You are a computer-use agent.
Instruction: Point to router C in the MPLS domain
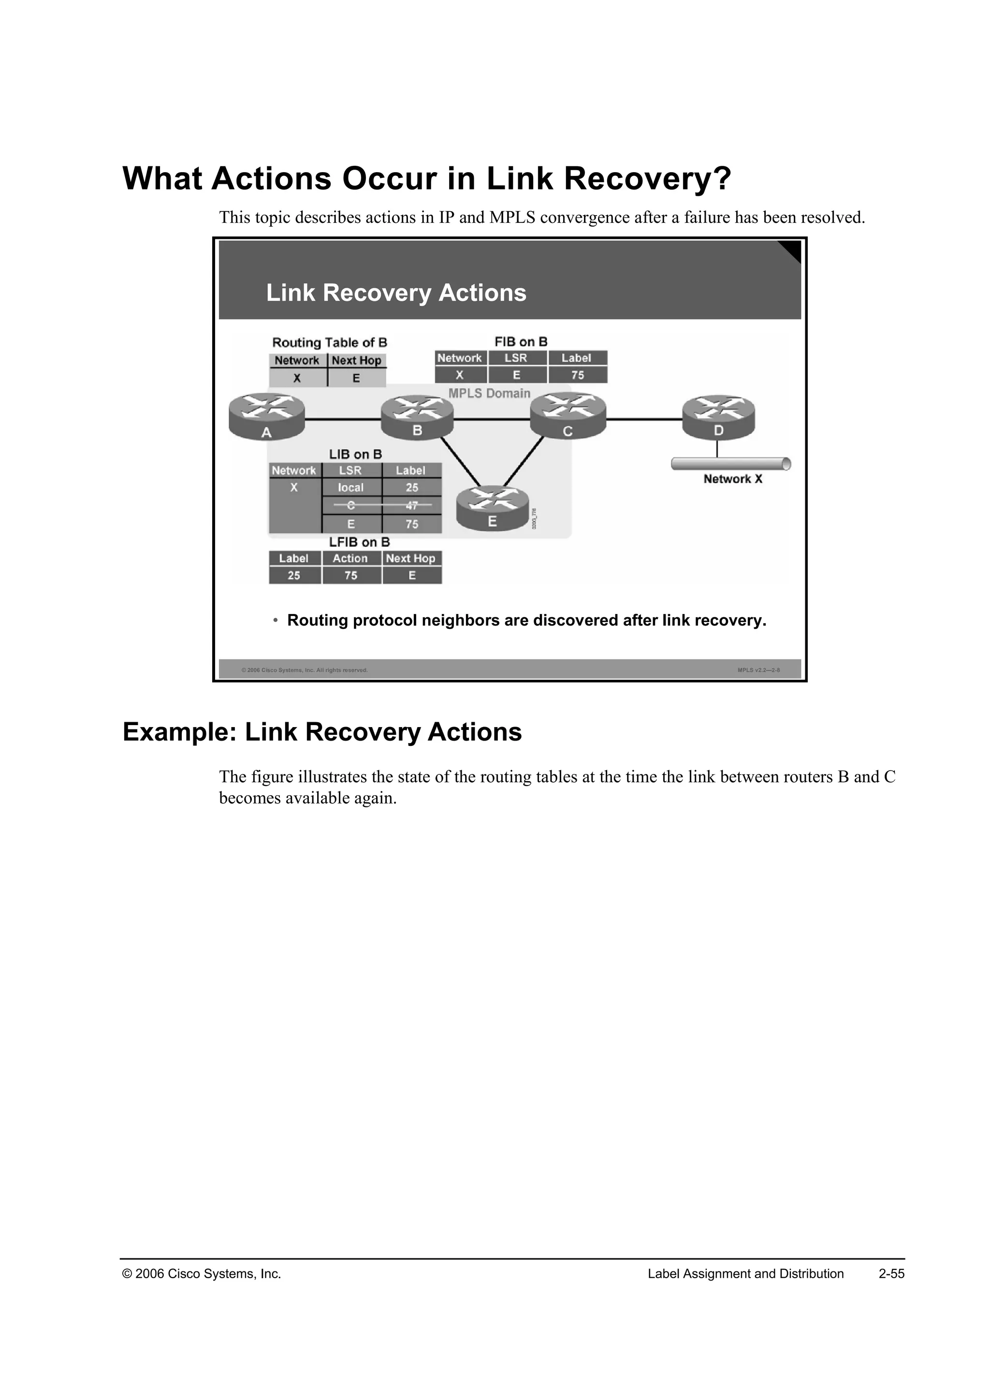point(568,416)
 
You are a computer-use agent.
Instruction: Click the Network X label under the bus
point(733,479)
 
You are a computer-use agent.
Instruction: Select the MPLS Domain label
point(490,394)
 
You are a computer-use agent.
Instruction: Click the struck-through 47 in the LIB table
point(412,506)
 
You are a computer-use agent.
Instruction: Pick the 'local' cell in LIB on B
point(350,488)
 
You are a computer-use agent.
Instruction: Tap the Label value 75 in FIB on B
point(577,376)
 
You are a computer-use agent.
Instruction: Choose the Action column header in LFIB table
point(350,558)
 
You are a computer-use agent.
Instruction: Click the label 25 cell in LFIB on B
point(294,576)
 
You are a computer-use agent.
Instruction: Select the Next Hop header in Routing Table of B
point(357,360)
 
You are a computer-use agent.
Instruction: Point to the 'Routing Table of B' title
point(329,343)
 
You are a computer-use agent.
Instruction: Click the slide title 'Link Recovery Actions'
point(396,292)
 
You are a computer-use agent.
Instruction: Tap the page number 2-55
point(891,1274)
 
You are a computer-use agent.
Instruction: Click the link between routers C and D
point(644,420)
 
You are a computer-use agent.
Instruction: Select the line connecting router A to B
point(343,420)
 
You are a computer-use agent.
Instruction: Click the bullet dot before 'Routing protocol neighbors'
point(276,620)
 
